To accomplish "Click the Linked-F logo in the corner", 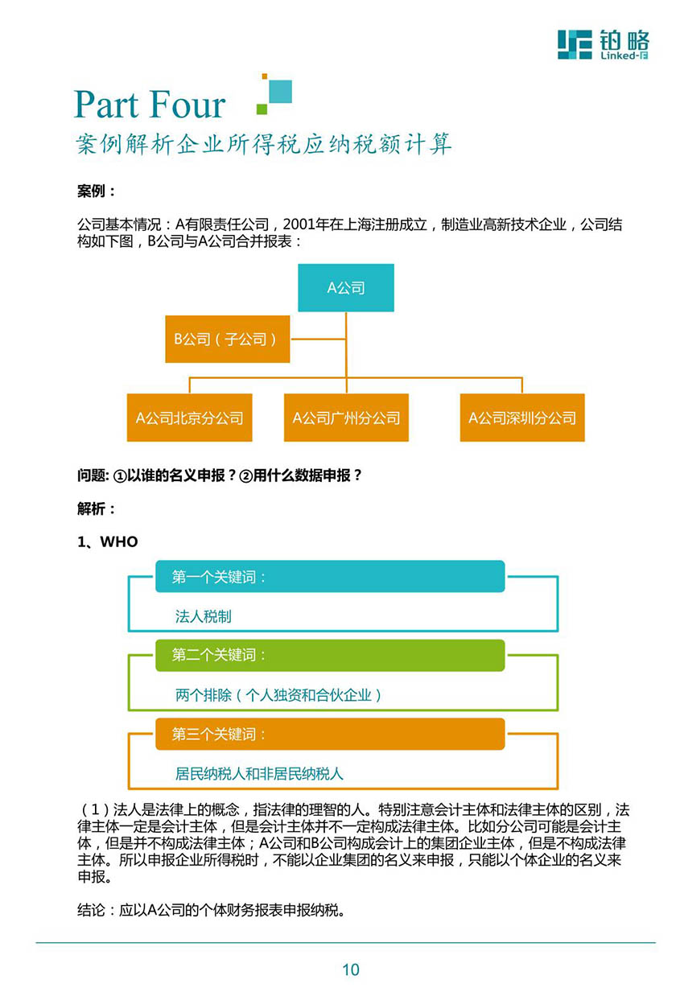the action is (604, 44).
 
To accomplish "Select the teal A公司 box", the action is (346, 287).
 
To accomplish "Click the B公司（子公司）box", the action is (227, 339).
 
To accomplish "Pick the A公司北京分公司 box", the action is (189, 418).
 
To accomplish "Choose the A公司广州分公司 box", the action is (346, 418).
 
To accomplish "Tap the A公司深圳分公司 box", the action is (522, 418).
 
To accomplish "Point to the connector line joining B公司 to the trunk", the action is (318, 340).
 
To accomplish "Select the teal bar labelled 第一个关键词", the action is (330, 576).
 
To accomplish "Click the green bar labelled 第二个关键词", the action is (330, 655).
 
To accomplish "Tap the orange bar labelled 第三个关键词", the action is (330, 734).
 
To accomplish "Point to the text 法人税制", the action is (203, 616).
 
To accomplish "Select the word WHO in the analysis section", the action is (119, 541).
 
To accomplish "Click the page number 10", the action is (351, 969).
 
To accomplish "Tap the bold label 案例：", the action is (97, 191).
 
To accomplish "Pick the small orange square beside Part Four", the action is (264, 76).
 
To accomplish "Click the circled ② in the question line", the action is (245, 476).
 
